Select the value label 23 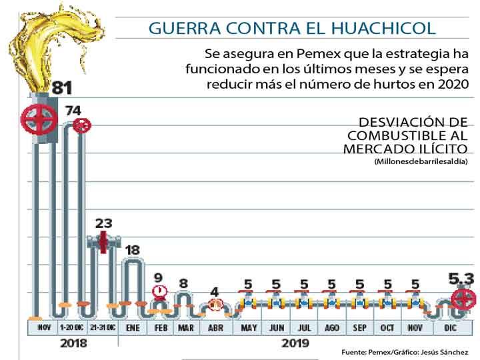tap(104, 223)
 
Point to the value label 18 tap(133, 250)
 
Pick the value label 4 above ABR tap(215, 291)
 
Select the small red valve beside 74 tap(82, 126)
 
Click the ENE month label tap(133, 328)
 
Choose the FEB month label tap(161, 328)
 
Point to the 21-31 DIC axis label tap(103, 328)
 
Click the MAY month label tap(249, 328)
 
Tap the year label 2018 tap(73, 343)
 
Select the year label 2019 tap(295, 343)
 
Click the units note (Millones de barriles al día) tap(421, 161)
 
